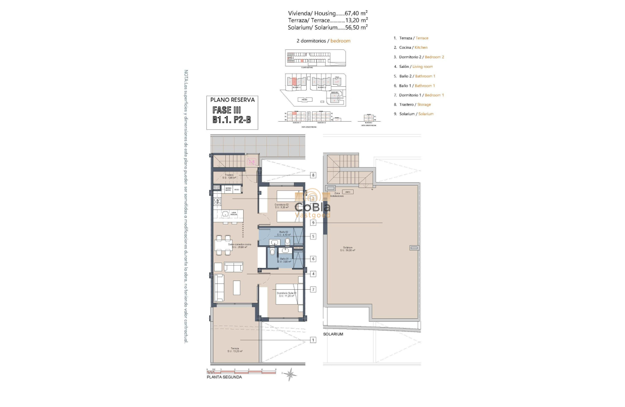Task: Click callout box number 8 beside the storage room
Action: click(x=313, y=175)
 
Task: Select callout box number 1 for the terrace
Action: click(x=313, y=340)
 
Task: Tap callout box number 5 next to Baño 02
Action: click(x=313, y=236)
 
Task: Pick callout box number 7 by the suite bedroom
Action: click(x=313, y=289)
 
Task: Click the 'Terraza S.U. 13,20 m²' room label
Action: click(x=235, y=350)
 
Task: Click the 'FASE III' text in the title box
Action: click(x=227, y=110)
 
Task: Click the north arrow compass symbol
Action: click(x=290, y=374)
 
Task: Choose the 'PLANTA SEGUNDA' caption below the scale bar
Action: click(x=224, y=377)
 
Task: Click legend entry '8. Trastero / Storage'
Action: click(x=412, y=105)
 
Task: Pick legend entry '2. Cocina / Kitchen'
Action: click(x=411, y=47)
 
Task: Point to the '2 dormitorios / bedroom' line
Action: click(x=323, y=41)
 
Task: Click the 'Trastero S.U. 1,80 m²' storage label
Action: click(x=229, y=176)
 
